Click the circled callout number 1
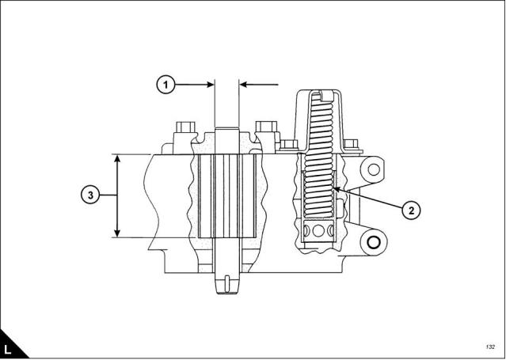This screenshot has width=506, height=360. [165, 85]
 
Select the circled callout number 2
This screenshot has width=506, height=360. [411, 210]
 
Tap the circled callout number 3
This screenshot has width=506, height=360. [90, 195]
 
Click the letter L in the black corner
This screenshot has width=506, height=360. [8, 350]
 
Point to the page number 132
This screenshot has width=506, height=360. [490, 347]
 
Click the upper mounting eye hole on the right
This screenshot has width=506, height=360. [374, 169]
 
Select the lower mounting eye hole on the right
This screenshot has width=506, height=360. [374, 242]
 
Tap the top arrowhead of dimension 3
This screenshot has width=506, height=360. [117, 158]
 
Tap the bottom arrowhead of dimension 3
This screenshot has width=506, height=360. [117, 233]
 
